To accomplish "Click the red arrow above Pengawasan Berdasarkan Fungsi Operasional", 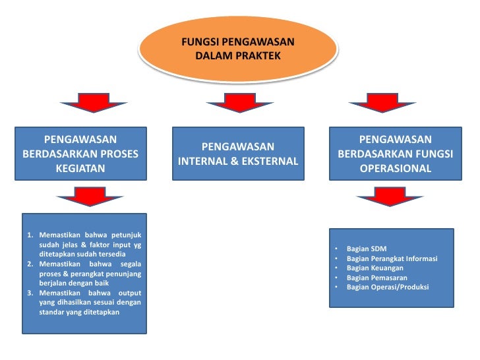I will click(383, 105).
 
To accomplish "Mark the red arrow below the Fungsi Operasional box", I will click(383, 196).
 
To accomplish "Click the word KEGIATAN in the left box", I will click(80, 168).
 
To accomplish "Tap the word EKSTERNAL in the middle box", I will click(270, 161).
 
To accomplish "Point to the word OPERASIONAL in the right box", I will click(396, 168).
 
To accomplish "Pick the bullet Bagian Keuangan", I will click(375, 268).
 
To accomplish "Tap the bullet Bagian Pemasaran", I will click(376, 278).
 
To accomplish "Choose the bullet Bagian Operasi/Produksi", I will click(387, 287).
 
